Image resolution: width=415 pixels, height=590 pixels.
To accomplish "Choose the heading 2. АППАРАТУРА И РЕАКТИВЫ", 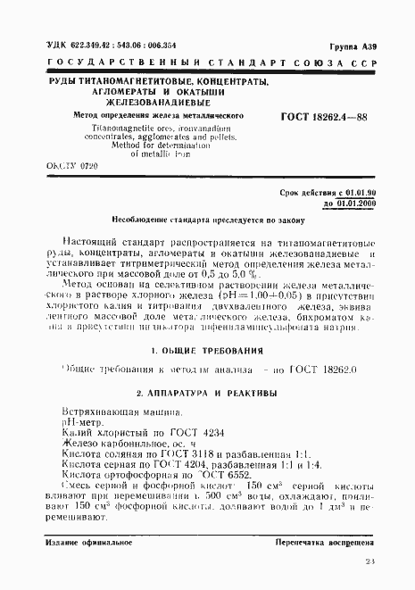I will coord(209,394).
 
